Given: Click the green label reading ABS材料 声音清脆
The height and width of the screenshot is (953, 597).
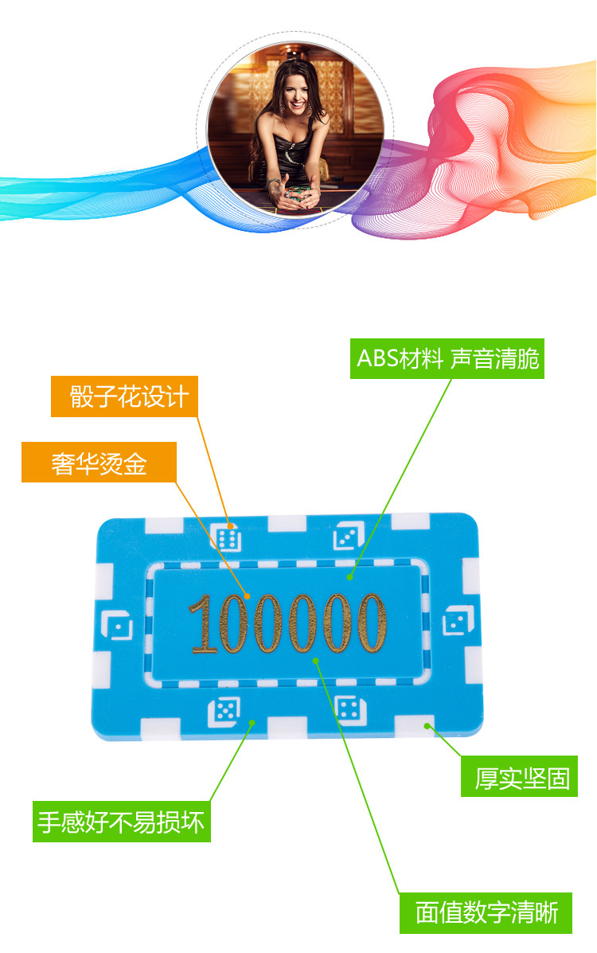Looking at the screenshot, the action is point(447,359).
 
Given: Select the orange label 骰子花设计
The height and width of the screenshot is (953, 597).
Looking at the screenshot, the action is point(125,397).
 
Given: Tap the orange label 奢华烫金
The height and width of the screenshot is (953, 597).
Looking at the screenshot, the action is point(99,463).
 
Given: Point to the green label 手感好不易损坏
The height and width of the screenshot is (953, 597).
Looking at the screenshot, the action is point(121,822).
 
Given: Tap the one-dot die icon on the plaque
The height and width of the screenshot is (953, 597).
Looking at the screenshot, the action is point(119,627).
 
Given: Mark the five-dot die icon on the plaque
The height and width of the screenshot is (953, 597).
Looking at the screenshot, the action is point(224,711).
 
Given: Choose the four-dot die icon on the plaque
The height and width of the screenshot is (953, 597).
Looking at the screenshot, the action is point(346,709).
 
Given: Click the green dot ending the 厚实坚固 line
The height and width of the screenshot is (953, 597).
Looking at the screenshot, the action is point(428,726).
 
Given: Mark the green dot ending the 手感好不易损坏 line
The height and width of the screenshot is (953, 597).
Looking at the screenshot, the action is point(252,723).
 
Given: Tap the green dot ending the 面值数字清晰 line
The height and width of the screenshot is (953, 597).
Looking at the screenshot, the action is point(317,660).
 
